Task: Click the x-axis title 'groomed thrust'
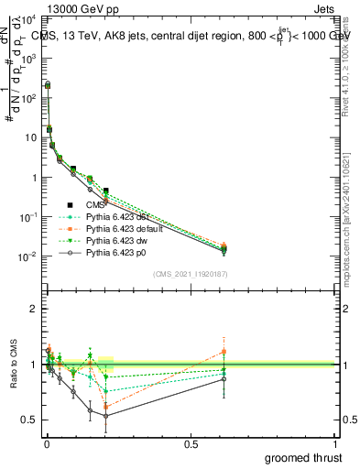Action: coord(303,456)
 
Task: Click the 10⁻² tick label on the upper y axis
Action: coord(27,256)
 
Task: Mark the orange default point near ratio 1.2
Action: coord(223,352)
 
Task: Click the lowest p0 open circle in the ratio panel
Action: coord(106,416)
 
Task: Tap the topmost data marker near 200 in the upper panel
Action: coord(48,84)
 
